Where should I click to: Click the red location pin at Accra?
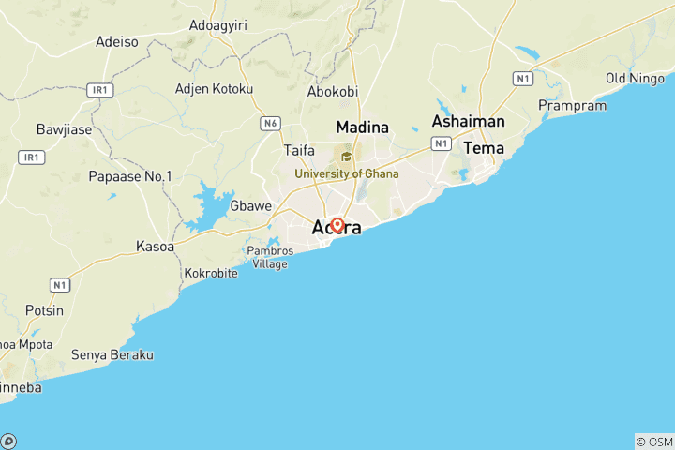[x=337, y=226]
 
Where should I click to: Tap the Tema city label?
[x=484, y=148]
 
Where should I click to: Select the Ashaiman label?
[x=468, y=121]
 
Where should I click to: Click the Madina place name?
[x=364, y=127]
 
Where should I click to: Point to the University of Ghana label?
[x=346, y=173]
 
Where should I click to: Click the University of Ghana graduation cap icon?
[x=346, y=157]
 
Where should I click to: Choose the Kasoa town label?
[x=156, y=246]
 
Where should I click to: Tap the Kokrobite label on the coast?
[x=211, y=273]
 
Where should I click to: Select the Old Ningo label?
[x=635, y=78]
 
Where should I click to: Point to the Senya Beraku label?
[x=112, y=355]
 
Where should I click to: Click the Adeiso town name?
[x=117, y=42]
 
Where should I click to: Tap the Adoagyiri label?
[x=217, y=25]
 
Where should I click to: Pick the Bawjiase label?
[x=64, y=129]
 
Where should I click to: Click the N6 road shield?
[x=271, y=123]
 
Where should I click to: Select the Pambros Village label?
[x=270, y=257]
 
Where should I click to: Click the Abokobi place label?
[x=333, y=92]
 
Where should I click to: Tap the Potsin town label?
[x=44, y=310]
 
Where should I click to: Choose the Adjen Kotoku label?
[x=215, y=89]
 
